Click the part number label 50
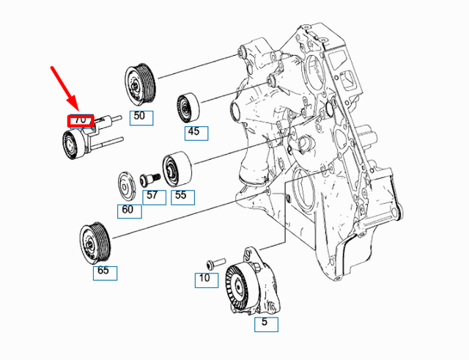(x=139, y=117)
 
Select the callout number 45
(x=195, y=133)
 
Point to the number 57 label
(x=152, y=195)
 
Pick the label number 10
(x=204, y=279)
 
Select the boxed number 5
(x=265, y=322)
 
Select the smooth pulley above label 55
(x=175, y=169)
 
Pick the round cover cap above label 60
(x=127, y=185)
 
